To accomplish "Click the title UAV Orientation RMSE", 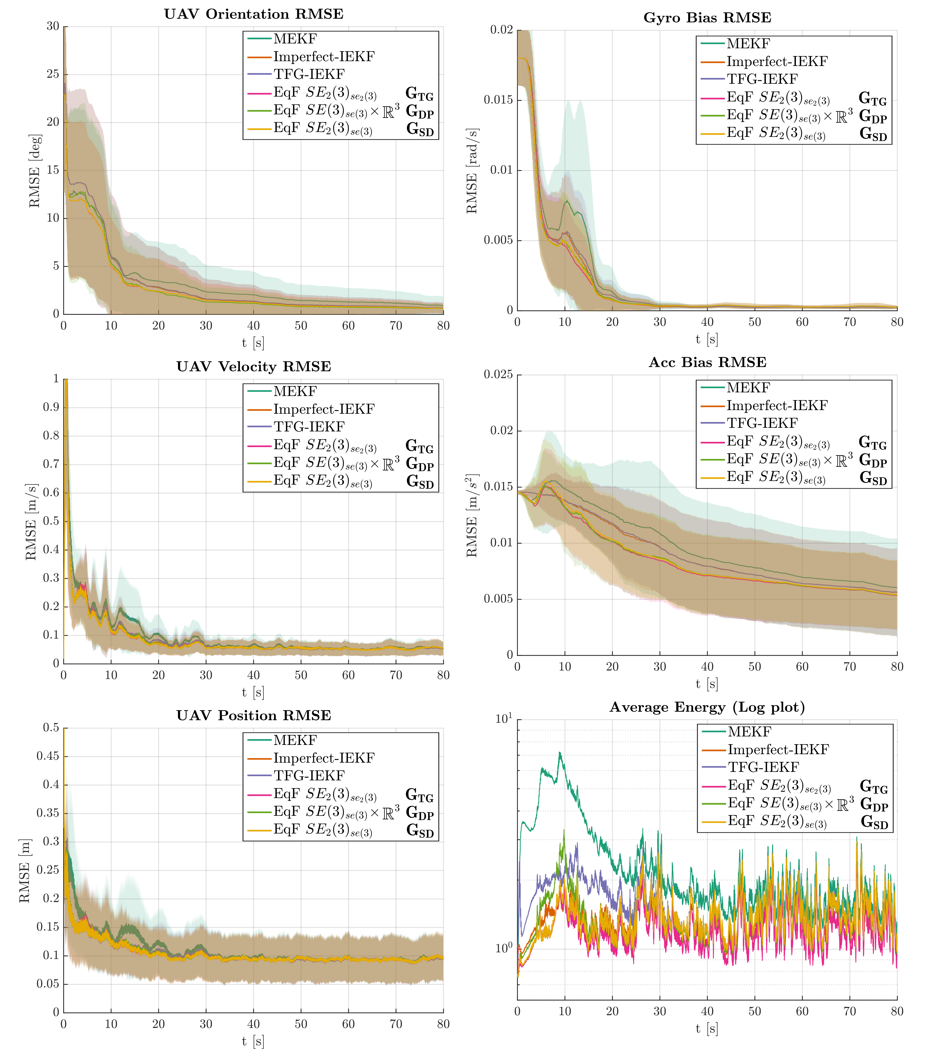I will pos(254,14).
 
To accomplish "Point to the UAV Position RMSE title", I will pos(254,715).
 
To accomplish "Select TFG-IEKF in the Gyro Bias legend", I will pos(762,79).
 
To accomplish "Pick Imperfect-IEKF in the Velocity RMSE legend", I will pos(324,409).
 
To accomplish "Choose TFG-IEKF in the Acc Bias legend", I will pos(762,423).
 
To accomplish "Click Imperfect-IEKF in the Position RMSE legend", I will pos(324,758).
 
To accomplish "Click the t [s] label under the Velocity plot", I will pos(253,692).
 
